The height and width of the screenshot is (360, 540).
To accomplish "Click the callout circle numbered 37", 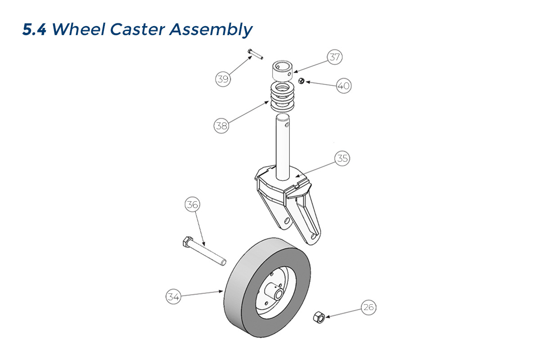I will pos(334,57).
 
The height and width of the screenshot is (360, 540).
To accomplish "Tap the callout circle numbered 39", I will pos(222,79).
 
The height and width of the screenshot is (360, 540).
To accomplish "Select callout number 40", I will pos(343,85).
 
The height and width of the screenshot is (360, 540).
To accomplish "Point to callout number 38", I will pos(221,126).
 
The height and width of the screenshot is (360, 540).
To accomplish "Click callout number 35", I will pos(342,158).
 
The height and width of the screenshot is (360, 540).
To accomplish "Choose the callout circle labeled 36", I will pos(192,205).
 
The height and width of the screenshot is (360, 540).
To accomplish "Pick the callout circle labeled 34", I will pos(173,297).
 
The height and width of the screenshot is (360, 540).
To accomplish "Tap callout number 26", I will pos(368,308).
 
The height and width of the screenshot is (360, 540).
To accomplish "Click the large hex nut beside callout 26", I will pos(319,316).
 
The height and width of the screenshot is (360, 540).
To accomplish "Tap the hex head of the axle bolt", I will pos(186,243).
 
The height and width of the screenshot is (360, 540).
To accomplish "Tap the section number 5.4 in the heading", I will pos(35,30).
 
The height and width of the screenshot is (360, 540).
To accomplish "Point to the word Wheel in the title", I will pos(77,30).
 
